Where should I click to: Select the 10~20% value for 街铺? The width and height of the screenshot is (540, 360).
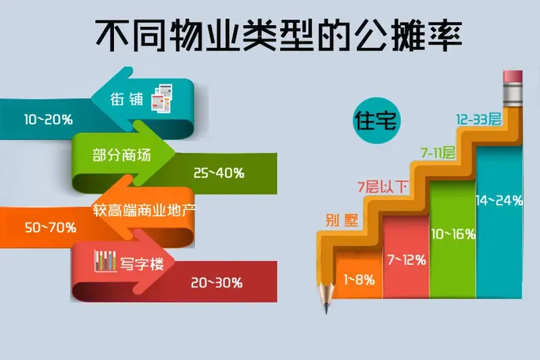[x=48, y=119]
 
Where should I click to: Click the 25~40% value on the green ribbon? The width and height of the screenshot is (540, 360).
[x=218, y=173]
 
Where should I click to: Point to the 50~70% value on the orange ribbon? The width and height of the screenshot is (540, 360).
[x=50, y=227]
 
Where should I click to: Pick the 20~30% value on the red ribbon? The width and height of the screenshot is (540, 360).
[x=217, y=282]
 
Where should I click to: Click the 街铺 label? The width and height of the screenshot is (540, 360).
[x=128, y=99]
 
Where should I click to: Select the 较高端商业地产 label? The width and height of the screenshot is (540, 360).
[x=144, y=209]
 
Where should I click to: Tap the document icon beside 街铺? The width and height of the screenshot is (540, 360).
[x=163, y=99]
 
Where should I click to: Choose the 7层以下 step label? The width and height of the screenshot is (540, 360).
[x=383, y=186]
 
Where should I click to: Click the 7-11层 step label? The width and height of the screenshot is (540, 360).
[x=437, y=153]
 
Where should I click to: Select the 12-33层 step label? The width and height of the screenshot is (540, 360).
[x=479, y=120]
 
